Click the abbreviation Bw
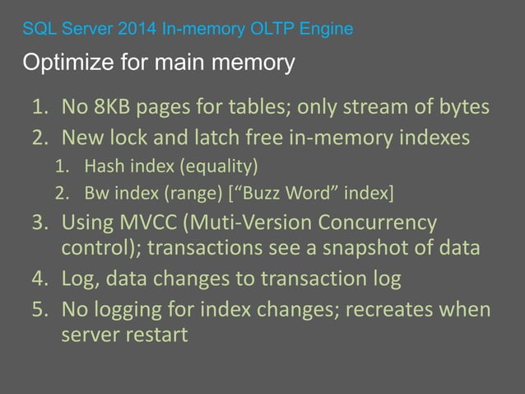coord(95,194)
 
